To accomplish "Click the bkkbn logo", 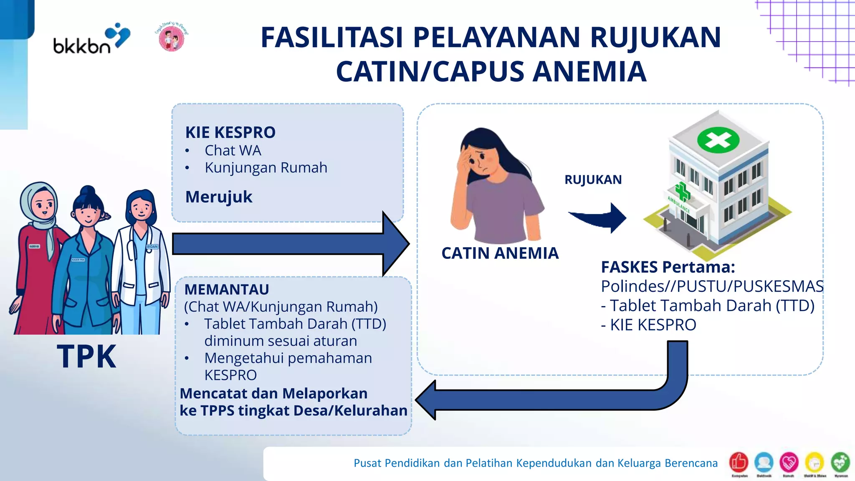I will click(91, 39).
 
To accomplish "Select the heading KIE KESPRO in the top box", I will click(230, 132).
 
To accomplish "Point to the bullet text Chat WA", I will click(233, 150).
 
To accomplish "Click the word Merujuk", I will click(219, 197).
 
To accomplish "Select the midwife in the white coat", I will click(142, 259).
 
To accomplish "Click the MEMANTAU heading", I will click(227, 289).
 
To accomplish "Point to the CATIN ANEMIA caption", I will click(500, 253).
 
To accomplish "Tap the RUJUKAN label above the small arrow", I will click(593, 180).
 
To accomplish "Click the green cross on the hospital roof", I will click(718, 140).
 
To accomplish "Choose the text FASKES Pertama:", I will click(668, 267).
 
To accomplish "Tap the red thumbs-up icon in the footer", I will click(738, 462).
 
